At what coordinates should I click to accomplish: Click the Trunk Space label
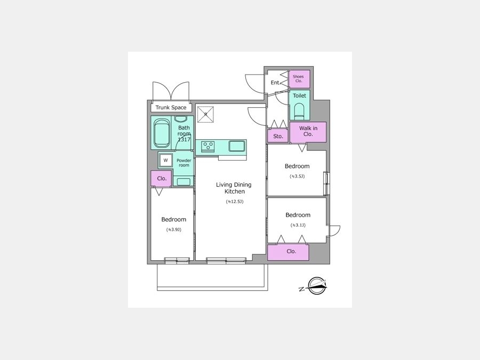171,107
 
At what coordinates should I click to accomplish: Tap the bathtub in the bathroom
162,133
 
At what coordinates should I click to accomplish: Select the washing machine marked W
166,160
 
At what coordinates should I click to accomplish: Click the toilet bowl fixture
299,111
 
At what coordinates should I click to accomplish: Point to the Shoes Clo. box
299,79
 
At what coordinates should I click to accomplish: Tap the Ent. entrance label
275,83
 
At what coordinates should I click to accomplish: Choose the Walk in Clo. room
308,132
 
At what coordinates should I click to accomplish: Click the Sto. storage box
278,136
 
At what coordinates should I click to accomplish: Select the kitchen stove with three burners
208,147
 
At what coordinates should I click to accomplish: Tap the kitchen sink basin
237,146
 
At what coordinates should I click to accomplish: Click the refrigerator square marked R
205,114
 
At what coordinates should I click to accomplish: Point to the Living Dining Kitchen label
234,188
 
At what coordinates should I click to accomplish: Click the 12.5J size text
235,202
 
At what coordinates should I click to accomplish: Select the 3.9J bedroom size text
174,229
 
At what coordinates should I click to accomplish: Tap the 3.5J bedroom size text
297,177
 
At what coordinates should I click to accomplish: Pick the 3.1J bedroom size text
298,225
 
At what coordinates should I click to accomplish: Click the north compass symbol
314,286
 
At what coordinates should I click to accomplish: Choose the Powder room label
184,163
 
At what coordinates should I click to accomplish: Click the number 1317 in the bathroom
185,140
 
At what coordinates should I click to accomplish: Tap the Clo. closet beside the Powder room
161,179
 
